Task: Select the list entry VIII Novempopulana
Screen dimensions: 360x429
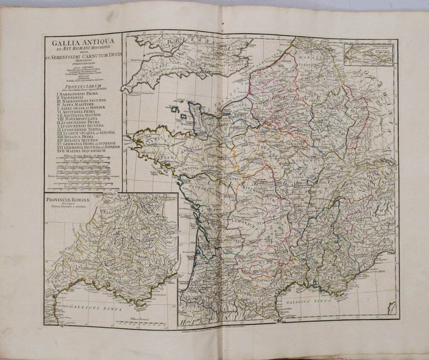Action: point(72,118)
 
